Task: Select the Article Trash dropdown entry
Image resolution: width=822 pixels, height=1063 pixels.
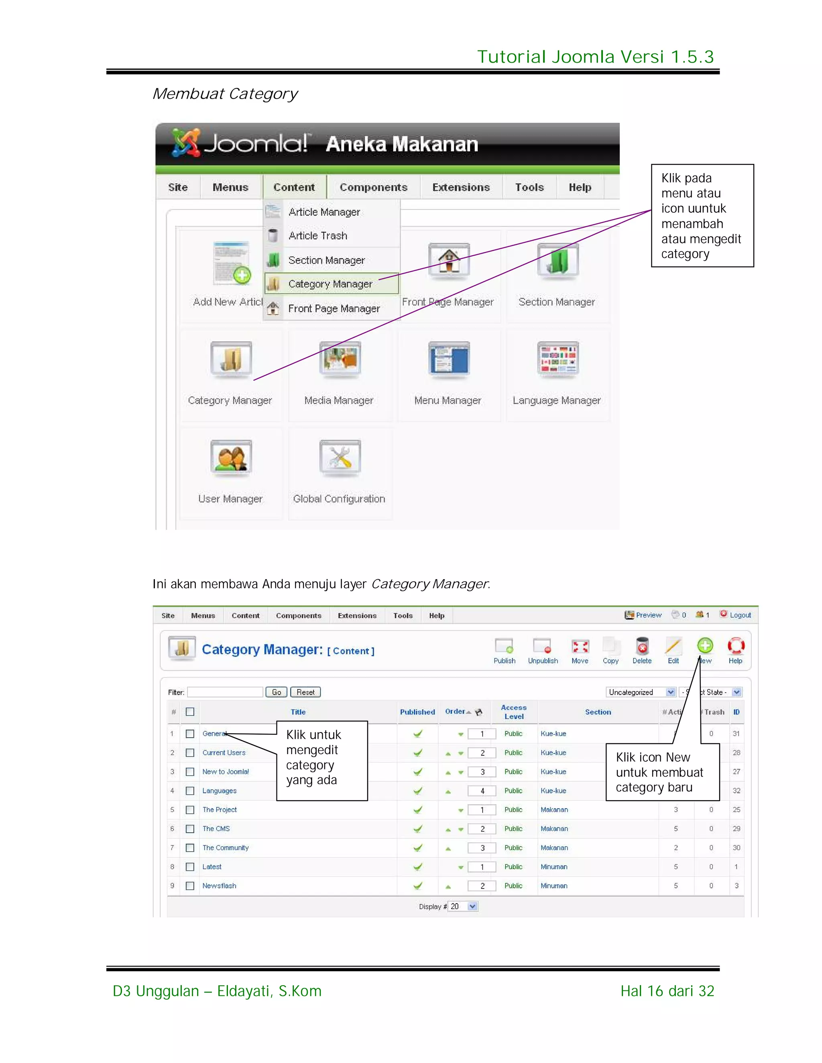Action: (x=317, y=235)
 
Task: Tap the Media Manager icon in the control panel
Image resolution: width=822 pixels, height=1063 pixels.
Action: (x=340, y=360)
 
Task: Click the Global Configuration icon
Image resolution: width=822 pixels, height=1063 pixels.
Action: (x=340, y=458)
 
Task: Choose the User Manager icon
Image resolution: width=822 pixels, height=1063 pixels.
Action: (x=231, y=458)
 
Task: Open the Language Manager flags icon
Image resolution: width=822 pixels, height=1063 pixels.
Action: (x=557, y=360)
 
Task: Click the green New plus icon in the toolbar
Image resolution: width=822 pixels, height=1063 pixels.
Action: (x=705, y=646)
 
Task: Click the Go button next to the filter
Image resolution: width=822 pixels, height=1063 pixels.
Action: (x=276, y=692)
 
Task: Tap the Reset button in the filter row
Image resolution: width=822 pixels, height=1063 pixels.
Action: (x=305, y=692)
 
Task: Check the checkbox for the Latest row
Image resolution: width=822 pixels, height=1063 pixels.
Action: (x=190, y=867)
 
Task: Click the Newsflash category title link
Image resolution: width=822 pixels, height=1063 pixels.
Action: (x=219, y=886)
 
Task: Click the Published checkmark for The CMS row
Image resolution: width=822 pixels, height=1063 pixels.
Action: (x=417, y=829)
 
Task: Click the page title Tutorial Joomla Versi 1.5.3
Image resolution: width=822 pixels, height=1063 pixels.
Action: (x=595, y=57)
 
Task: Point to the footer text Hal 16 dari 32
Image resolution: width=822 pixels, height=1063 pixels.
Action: (x=667, y=991)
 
